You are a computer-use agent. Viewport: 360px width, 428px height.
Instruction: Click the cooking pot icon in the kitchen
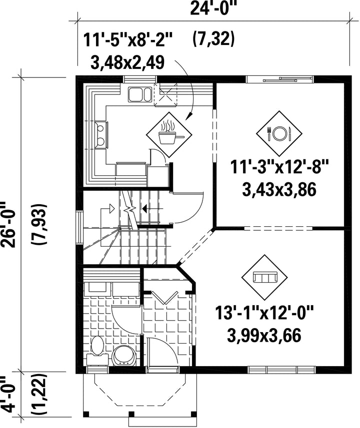tap(169, 134)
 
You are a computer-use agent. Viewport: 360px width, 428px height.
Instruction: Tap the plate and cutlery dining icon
tap(279, 134)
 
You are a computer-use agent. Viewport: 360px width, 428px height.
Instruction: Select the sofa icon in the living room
tap(264, 278)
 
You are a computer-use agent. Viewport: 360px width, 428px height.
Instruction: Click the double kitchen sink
tap(139, 94)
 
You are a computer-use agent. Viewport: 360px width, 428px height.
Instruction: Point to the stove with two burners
tap(100, 134)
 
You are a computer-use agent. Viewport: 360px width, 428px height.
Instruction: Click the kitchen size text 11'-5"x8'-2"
tap(128, 40)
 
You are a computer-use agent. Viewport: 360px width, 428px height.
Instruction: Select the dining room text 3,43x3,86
tap(279, 189)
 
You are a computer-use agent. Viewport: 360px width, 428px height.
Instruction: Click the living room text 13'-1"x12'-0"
tap(264, 312)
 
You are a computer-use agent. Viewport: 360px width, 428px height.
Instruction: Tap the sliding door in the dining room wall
tap(279, 79)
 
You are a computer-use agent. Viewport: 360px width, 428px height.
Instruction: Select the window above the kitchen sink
tap(140, 79)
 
